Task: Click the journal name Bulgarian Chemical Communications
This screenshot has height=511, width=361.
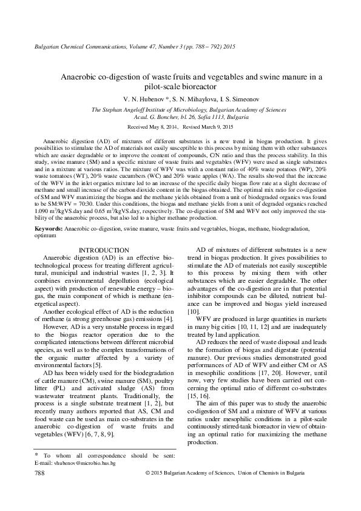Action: click(69, 46)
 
